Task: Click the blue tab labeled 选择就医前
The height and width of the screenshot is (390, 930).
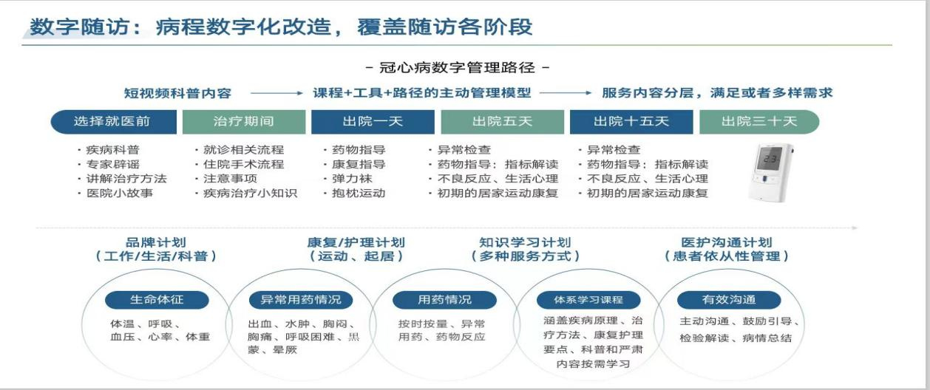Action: [114, 122]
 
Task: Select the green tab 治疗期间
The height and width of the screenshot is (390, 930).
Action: [244, 122]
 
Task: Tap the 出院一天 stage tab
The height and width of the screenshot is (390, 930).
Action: [373, 122]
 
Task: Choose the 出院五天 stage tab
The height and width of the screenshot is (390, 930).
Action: [503, 122]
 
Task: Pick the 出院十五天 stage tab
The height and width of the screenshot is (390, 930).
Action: [631, 122]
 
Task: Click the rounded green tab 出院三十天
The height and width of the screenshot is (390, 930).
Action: [759, 122]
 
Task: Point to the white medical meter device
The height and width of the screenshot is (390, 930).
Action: [770, 172]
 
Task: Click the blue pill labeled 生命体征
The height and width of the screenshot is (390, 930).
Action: [157, 300]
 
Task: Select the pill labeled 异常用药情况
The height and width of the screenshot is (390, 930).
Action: [301, 300]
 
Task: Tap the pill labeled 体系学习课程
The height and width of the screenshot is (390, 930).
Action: [588, 300]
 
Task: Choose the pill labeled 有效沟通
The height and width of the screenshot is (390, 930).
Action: [729, 300]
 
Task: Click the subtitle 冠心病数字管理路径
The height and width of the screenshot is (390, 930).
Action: [458, 68]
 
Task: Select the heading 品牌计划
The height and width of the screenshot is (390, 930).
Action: [156, 242]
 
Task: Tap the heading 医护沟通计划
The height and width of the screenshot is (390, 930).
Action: [727, 242]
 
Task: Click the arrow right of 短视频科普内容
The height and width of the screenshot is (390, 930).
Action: [277, 93]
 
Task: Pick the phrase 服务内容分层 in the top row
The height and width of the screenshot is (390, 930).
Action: [648, 93]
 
